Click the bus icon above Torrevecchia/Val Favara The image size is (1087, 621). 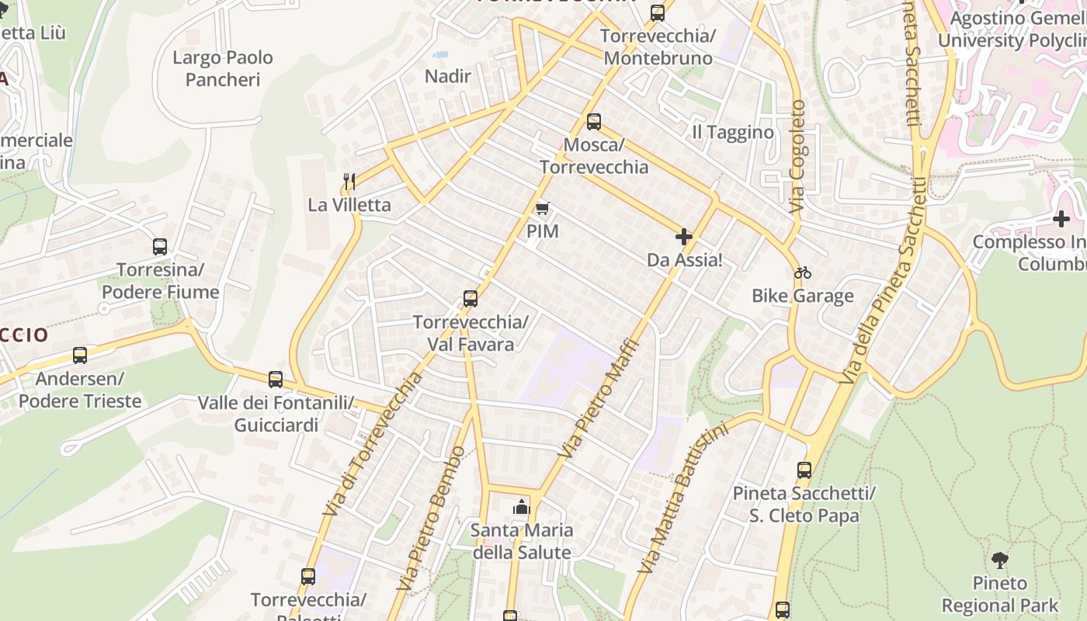tap(470, 299)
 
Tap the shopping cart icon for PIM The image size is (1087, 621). tap(543, 208)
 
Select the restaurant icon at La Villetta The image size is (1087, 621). tap(349, 182)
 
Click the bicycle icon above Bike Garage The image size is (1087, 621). tap(803, 272)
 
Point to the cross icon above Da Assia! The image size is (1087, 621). tap(684, 237)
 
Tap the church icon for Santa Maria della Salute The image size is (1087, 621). tap(521, 508)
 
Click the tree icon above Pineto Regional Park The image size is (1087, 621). tap(1000, 560)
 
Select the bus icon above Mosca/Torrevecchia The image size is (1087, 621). tap(594, 122)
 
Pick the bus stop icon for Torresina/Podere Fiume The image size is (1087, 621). tap(160, 247)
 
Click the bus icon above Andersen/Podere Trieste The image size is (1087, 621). tap(80, 356)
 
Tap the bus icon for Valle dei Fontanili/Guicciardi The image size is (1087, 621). tap(276, 380)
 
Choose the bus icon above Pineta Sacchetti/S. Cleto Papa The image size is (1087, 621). tap(804, 470)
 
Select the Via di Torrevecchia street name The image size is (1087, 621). tap(373, 444)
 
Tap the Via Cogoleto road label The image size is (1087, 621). tap(797, 158)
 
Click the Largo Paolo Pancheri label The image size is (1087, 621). tap(223, 68)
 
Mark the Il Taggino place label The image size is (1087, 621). tap(733, 133)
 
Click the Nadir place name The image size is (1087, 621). tap(448, 76)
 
